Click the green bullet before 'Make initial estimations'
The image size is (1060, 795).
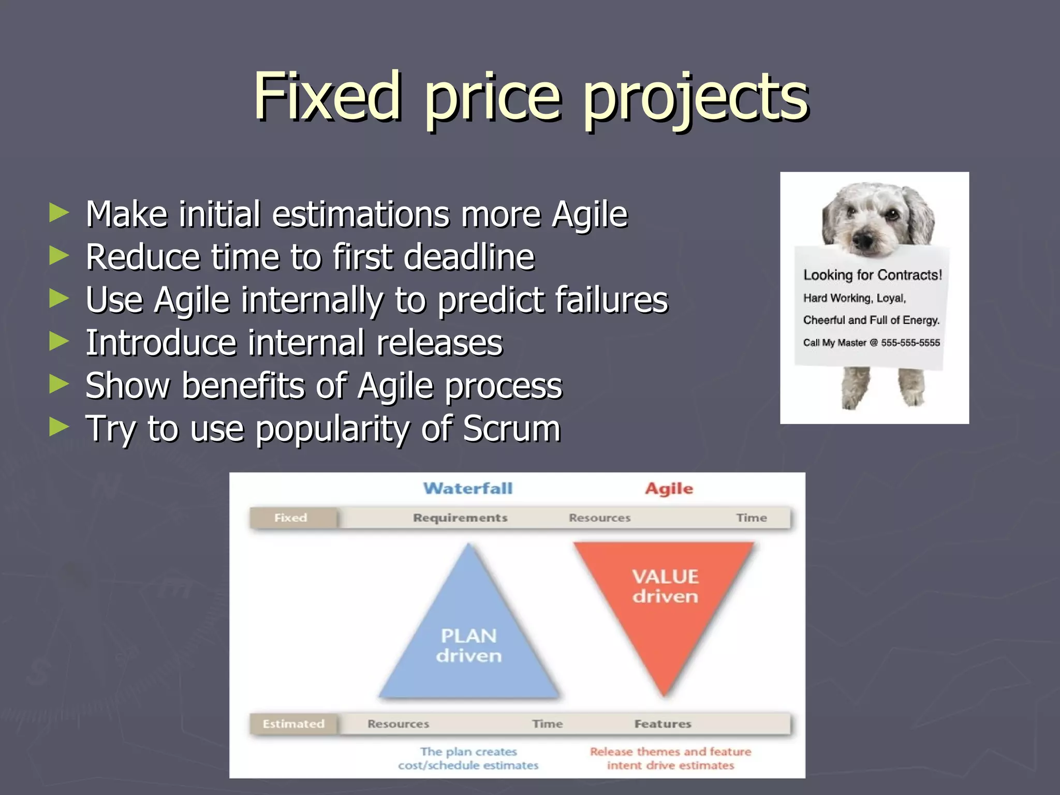pos(58,213)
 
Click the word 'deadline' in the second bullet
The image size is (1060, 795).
pos(468,257)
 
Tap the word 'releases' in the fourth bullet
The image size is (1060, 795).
pos(439,343)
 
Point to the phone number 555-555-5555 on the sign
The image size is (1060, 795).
pos(910,343)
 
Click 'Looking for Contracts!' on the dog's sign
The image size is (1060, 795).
pos(872,275)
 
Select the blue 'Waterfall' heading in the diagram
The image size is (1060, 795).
pos(468,488)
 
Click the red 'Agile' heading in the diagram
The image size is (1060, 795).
pos(669,489)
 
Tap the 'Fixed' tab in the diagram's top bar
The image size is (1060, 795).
pos(291,518)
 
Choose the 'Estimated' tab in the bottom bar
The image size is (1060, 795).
pos(293,724)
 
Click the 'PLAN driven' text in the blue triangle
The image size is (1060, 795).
pos(468,645)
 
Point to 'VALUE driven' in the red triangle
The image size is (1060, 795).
pos(665,586)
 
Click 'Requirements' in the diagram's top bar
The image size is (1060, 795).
pos(460,518)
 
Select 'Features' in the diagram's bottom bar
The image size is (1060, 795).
pos(662,724)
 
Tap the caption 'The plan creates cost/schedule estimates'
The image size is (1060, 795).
pos(468,758)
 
